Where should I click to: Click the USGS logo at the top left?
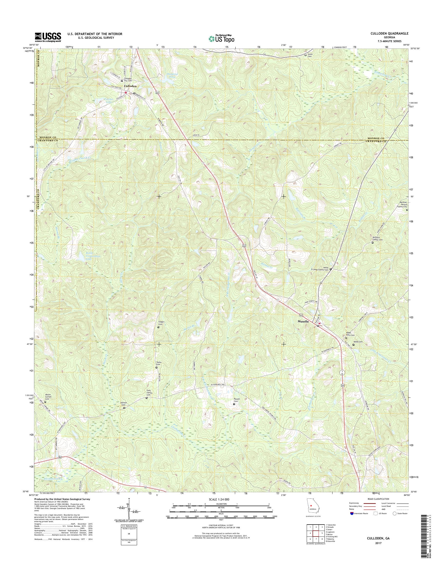click(48, 37)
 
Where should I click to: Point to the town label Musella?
click(303, 321)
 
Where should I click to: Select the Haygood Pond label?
click(171, 76)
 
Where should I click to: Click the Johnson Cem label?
click(124, 404)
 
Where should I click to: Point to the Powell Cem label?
click(236, 400)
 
